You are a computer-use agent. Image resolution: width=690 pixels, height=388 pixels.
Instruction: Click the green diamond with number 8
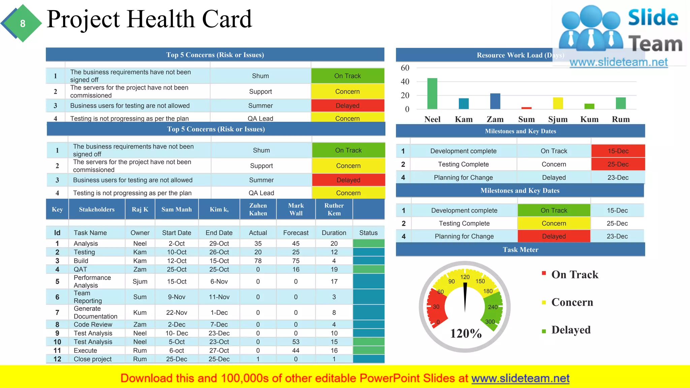click(23, 23)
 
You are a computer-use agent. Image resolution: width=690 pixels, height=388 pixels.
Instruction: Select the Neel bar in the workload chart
click(432, 94)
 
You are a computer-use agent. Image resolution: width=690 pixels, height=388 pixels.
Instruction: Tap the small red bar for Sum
click(526, 108)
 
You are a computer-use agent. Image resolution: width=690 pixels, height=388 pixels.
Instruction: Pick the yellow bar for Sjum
click(558, 103)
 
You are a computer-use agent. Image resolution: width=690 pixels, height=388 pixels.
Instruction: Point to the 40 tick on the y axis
click(405, 82)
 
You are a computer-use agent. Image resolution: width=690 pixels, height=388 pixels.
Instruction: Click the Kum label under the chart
click(589, 119)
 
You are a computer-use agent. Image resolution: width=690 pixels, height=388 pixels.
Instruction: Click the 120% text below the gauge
click(466, 333)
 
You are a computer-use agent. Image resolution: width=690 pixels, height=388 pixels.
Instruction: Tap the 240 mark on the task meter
click(493, 307)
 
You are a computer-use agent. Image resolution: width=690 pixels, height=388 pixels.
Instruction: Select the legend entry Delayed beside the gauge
click(571, 330)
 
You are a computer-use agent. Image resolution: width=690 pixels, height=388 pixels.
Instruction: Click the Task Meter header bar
click(520, 250)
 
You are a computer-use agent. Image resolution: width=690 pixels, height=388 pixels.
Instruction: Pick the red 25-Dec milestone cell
click(618, 164)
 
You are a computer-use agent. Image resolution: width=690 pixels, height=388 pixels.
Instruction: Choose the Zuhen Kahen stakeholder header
click(258, 209)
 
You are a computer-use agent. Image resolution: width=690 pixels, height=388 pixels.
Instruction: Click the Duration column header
click(334, 233)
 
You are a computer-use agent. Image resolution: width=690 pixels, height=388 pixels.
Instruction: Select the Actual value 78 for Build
click(258, 261)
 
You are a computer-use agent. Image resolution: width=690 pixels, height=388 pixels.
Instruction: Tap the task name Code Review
click(93, 324)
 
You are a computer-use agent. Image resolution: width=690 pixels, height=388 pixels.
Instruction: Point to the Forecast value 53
click(295, 342)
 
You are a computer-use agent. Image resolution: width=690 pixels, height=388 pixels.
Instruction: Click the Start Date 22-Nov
click(177, 313)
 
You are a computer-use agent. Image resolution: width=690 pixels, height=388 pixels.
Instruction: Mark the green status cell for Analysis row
click(369, 243)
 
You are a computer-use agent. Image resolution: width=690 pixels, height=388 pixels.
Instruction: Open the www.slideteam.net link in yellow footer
click(520, 378)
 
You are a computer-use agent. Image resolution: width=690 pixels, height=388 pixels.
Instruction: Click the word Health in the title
click(161, 19)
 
